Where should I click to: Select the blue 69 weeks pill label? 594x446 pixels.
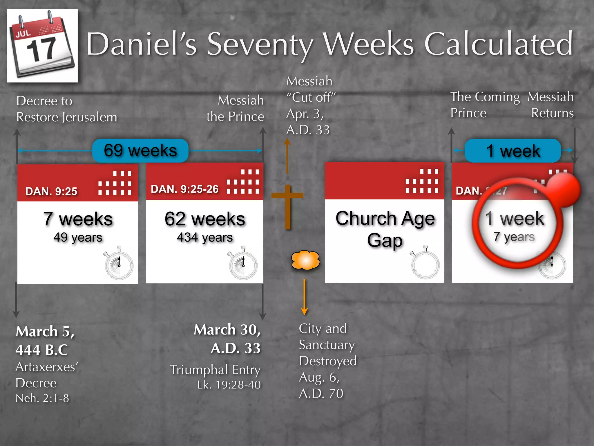point(140,151)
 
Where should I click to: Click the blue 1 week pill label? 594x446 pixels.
point(512,151)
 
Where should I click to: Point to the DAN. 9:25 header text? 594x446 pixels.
point(51,191)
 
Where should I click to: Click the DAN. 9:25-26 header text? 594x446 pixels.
point(184,189)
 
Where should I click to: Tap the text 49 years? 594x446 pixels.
point(78,238)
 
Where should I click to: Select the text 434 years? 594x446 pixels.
point(205,238)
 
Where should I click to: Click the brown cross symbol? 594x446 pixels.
point(287,206)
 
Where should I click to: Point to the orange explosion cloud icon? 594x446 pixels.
point(305,260)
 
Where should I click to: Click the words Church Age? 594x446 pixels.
point(385,218)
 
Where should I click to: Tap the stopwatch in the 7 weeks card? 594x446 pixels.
point(119,263)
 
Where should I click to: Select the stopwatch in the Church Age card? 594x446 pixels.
point(425,263)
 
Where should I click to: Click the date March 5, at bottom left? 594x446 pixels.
point(45,331)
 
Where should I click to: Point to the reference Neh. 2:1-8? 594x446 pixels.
point(42,398)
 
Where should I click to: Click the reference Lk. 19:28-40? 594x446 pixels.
point(229,385)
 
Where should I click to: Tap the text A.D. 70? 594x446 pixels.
point(321,394)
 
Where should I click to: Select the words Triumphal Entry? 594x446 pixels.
point(215,370)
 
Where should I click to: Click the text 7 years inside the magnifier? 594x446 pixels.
point(514,237)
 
